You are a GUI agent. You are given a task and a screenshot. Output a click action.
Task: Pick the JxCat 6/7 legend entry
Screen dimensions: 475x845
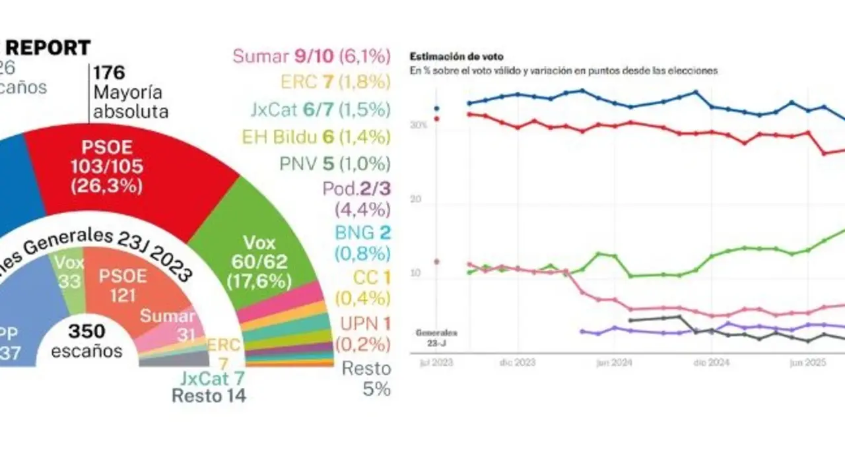pyautogui.click(x=321, y=110)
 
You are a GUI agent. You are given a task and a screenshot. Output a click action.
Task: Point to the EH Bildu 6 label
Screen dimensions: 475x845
pyautogui.click(x=316, y=137)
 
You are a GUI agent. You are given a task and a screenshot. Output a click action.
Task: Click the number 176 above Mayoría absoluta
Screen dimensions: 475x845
pyautogui.click(x=109, y=72)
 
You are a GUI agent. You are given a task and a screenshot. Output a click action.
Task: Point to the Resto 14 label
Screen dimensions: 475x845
pyautogui.click(x=209, y=396)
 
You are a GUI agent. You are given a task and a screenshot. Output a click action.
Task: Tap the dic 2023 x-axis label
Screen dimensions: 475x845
pyautogui.click(x=518, y=362)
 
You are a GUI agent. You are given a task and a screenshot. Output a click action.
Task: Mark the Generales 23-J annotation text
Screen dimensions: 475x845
pyautogui.click(x=436, y=336)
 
